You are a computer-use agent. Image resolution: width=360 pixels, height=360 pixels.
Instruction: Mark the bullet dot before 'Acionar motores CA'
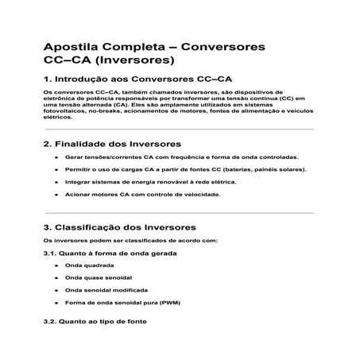[56, 195]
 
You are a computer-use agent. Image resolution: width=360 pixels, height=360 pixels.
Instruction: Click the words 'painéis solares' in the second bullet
[281, 170]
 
